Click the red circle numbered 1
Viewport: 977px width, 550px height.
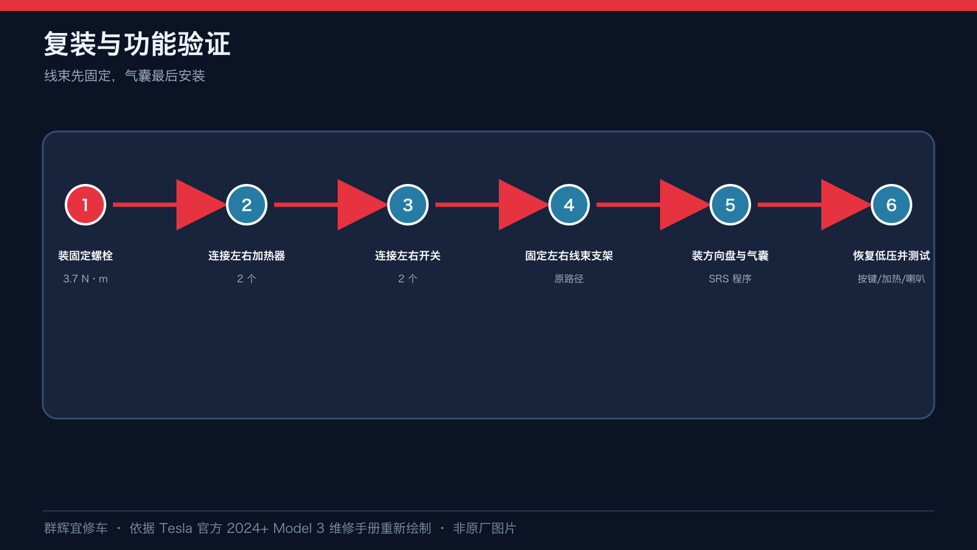85,205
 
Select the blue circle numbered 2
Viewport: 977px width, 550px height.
247,205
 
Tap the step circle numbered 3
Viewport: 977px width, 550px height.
408,205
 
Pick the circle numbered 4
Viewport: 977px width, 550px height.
568,205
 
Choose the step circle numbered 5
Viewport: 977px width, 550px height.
730,205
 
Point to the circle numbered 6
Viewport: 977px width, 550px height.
891,205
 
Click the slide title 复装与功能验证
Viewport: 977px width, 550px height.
137,43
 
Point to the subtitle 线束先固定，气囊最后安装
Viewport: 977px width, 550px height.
125,76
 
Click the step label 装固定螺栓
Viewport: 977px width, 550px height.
85,256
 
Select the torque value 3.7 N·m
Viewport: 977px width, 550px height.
85,279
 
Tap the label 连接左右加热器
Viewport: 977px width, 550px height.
247,256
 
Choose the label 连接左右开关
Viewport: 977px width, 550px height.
408,256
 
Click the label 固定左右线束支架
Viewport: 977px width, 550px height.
568,256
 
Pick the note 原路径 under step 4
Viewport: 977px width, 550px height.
568,279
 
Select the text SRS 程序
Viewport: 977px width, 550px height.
730,279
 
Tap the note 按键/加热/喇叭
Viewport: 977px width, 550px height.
891,279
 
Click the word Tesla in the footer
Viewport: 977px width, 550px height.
175,528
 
